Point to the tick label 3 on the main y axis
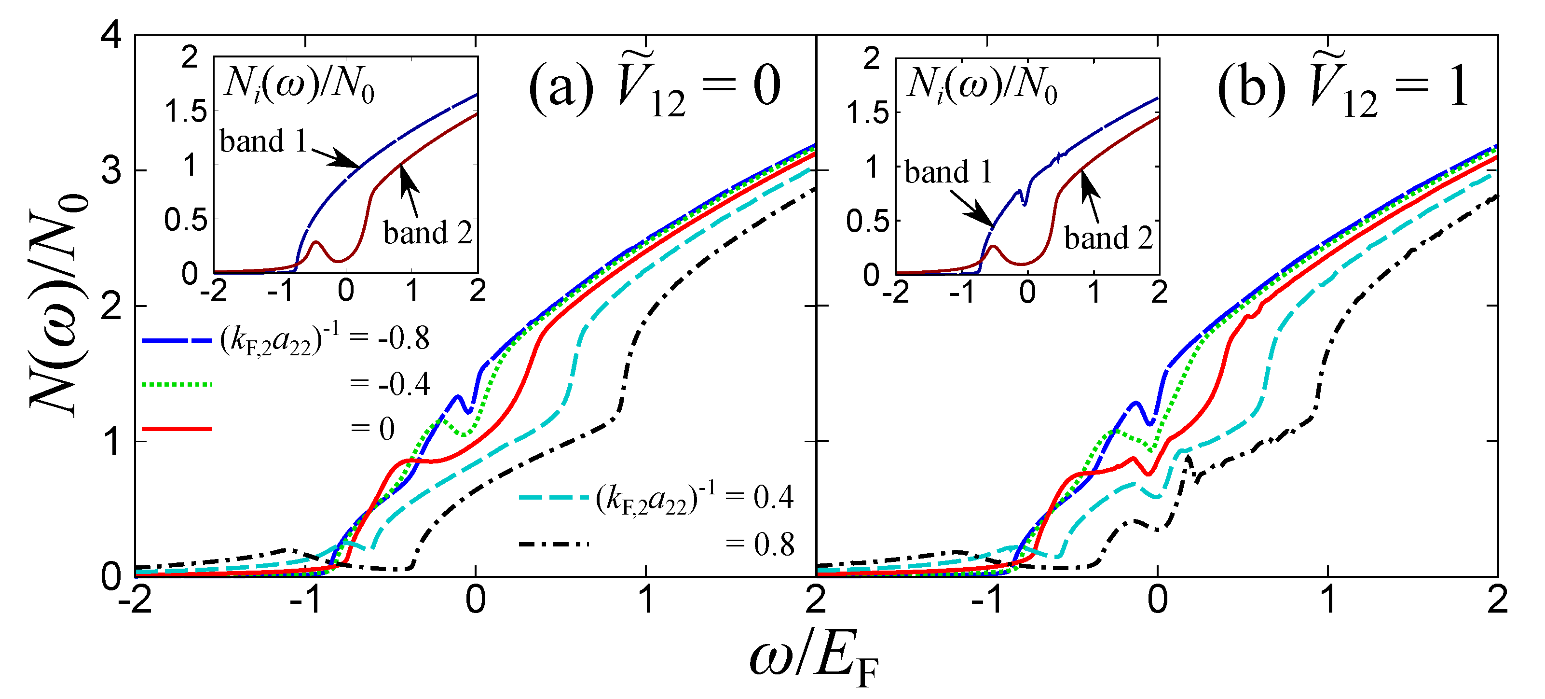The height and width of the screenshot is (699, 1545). tap(111, 171)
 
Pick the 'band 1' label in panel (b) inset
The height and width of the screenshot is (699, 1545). tap(948, 172)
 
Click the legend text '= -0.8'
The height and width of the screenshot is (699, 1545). tap(390, 339)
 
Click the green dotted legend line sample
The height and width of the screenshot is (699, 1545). tap(177, 384)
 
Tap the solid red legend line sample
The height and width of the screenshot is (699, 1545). tap(177, 429)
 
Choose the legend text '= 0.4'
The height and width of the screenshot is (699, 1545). tap(759, 497)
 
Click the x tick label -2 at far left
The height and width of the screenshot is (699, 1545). tap(135, 600)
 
